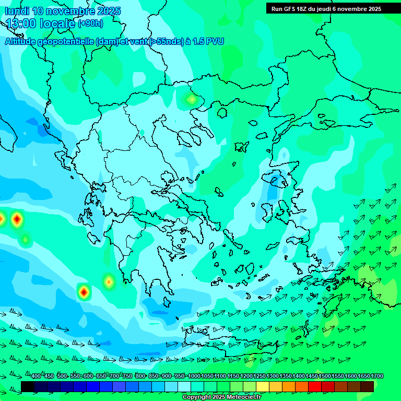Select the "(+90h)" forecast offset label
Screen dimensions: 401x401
(90, 23)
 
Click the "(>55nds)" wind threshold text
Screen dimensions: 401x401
(167, 42)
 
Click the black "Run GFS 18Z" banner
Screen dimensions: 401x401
(326, 9)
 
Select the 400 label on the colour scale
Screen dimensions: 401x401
(36, 376)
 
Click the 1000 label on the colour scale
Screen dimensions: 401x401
(194, 376)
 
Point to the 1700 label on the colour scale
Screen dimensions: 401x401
(377, 376)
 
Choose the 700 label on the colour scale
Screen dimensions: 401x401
(114, 376)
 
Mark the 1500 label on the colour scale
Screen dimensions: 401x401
(325, 376)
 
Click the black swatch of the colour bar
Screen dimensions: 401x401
(28, 386)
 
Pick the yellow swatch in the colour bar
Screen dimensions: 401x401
(263, 386)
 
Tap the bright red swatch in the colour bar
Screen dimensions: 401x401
(315, 386)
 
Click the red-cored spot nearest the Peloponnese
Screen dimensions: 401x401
(84, 292)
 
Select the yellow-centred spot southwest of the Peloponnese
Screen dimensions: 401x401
(109, 282)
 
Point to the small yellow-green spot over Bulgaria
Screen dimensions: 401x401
(192, 99)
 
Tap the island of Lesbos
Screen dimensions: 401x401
(276, 180)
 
